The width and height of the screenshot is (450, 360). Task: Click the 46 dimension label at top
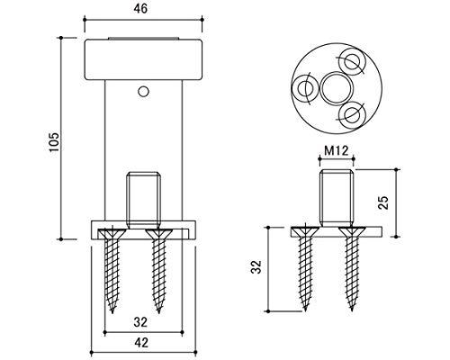coord(140,9)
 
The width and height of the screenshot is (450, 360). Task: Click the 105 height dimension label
coord(54,141)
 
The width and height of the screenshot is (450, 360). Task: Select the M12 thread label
coord(337,150)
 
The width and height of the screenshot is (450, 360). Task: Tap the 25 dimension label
coord(383,202)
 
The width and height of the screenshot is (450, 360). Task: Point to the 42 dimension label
coord(141,342)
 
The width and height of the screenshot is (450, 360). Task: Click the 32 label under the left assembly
coord(140,322)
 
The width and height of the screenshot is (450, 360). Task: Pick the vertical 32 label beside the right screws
coord(256,266)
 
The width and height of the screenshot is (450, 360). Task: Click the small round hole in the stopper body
coord(143,92)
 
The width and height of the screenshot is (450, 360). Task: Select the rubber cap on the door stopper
coord(142,59)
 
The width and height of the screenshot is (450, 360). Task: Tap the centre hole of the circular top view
coord(337,88)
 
